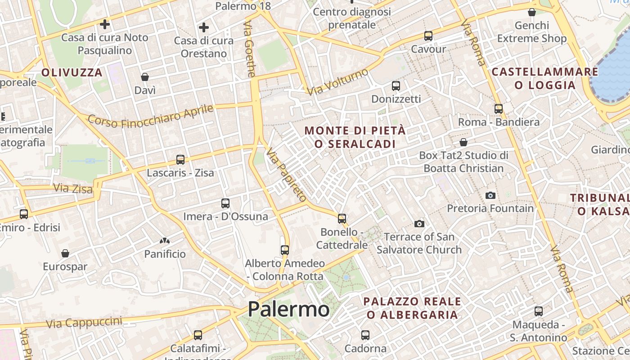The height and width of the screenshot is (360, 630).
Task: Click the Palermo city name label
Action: tap(288, 309)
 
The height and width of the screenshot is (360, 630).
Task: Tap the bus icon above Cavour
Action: tap(428, 36)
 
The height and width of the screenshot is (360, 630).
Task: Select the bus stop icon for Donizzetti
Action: tap(396, 85)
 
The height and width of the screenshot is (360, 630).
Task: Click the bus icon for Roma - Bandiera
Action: tap(498, 109)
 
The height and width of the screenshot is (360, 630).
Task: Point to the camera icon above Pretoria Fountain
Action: tap(490, 195)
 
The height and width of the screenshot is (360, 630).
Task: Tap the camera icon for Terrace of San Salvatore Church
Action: tap(419, 224)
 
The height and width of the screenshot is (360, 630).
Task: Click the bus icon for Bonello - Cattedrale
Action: tap(342, 219)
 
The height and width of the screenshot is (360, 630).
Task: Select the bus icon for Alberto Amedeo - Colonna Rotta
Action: tap(284, 250)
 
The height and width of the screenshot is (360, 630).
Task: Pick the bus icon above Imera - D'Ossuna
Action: tap(225, 203)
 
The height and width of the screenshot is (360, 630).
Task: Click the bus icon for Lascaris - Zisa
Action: tap(180, 160)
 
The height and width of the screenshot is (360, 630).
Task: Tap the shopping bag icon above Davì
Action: tap(145, 77)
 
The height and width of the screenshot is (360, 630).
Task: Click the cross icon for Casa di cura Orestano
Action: tap(204, 27)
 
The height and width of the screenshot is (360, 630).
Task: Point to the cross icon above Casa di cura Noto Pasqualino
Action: tap(105, 24)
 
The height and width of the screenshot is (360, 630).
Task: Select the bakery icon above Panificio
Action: tap(165, 241)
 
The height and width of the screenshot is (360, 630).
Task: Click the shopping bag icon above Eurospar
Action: tap(65, 253)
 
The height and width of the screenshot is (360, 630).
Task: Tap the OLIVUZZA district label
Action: tap(72, 72)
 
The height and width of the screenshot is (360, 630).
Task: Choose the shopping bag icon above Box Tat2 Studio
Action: tap(463, 143)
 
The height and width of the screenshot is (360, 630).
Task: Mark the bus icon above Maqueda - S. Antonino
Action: tap(538, 311)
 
